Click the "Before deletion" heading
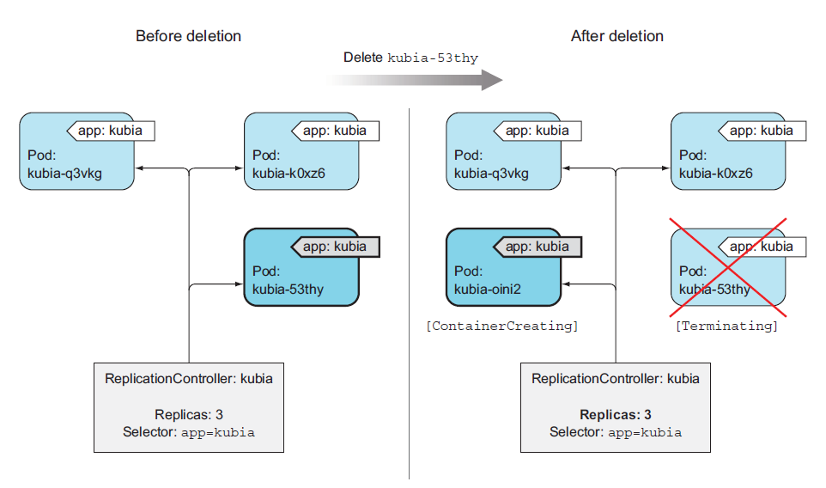tap(188, 36)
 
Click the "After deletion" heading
tap(616, 36)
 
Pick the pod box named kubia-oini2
tap(502, 266)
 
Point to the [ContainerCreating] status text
tap(502, 326)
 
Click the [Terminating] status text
tap(726, 326)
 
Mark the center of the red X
tap(727, 266)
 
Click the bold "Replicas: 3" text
tap(615, 415)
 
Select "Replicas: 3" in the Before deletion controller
tap(188, 415)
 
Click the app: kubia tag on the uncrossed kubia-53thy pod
tap(335, 247)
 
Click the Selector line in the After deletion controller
tap(615, 432)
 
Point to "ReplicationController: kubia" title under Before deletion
tap(188, 379)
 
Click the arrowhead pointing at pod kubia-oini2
tap(567, 284)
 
